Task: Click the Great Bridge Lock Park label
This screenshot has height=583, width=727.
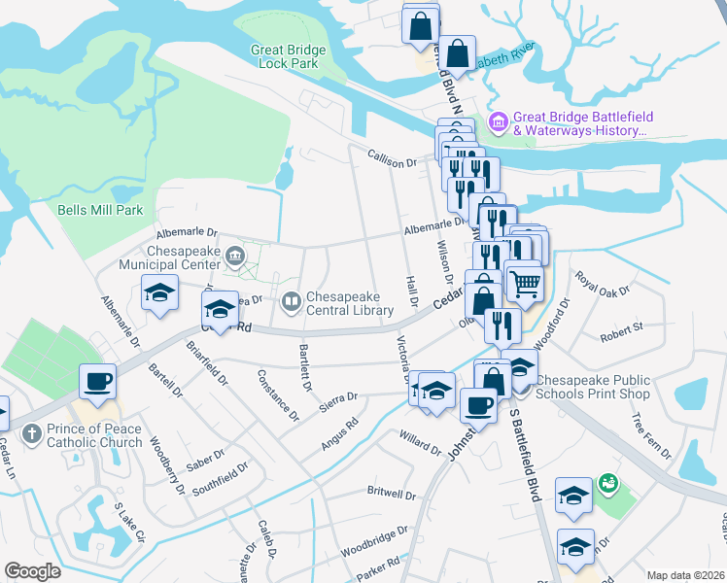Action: [285, 56]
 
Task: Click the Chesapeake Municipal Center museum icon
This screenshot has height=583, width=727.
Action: [234, 257]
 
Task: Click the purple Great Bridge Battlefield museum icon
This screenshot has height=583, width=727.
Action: [499, 122]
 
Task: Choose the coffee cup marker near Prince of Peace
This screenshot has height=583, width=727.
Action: [98, 382]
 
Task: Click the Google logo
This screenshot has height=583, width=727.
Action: [32, 571]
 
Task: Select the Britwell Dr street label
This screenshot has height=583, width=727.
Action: [392, 493]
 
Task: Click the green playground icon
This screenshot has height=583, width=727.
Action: [608, 481]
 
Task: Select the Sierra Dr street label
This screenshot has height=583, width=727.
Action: [339, 397]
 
